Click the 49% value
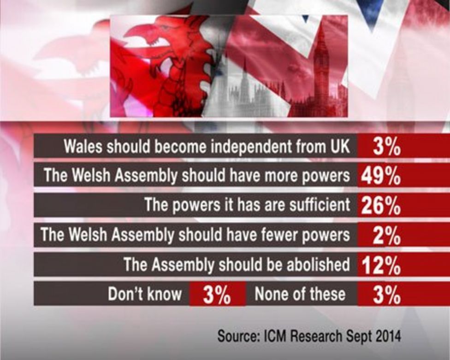(380, 176)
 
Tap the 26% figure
(380, 206)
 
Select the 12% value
(380, 265)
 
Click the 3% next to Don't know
(217, 294)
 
